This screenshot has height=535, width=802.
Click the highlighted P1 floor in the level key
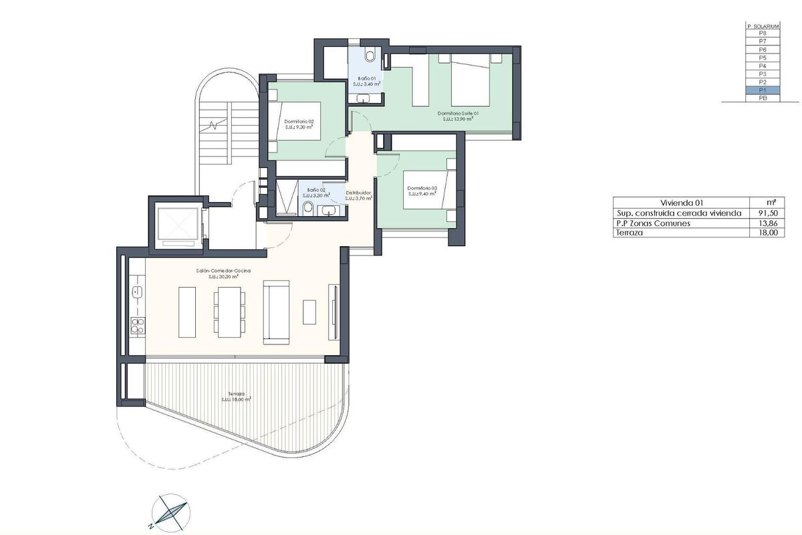click(763, 90)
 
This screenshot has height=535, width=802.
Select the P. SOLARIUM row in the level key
click(763, 25)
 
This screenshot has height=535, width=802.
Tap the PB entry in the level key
click(763, 98)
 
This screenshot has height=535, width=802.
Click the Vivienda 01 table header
click(681, 203)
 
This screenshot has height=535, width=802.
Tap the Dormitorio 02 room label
click(299, 122)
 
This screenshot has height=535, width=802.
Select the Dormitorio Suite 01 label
click(458, 114)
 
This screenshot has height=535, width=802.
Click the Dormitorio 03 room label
click(422, 189)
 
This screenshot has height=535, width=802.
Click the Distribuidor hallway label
click(358, 193)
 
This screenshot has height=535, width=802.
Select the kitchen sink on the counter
click(138, 292)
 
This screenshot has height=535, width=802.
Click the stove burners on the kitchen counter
click(138, 326)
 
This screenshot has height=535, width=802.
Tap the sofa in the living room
click(277, 313)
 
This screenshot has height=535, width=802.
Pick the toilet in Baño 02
click(307, 209)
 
